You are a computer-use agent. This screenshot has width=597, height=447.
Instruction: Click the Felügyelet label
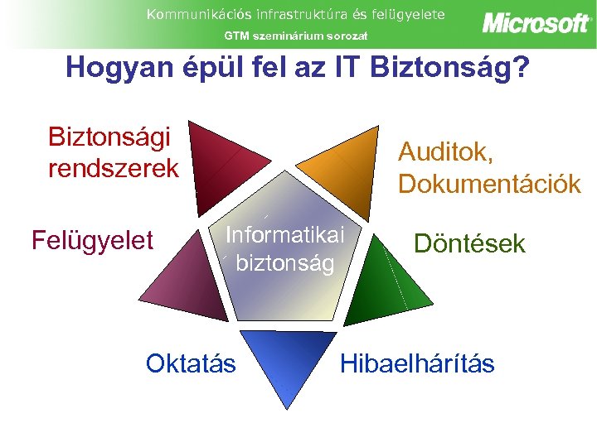[92, 241]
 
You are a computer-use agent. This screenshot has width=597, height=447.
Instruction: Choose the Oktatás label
[191, 363]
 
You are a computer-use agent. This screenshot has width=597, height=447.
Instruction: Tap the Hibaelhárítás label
[417, 363]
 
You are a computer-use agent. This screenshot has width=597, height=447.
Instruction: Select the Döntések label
[469, 243]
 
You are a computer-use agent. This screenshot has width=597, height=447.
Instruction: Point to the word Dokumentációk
[489, 184]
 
